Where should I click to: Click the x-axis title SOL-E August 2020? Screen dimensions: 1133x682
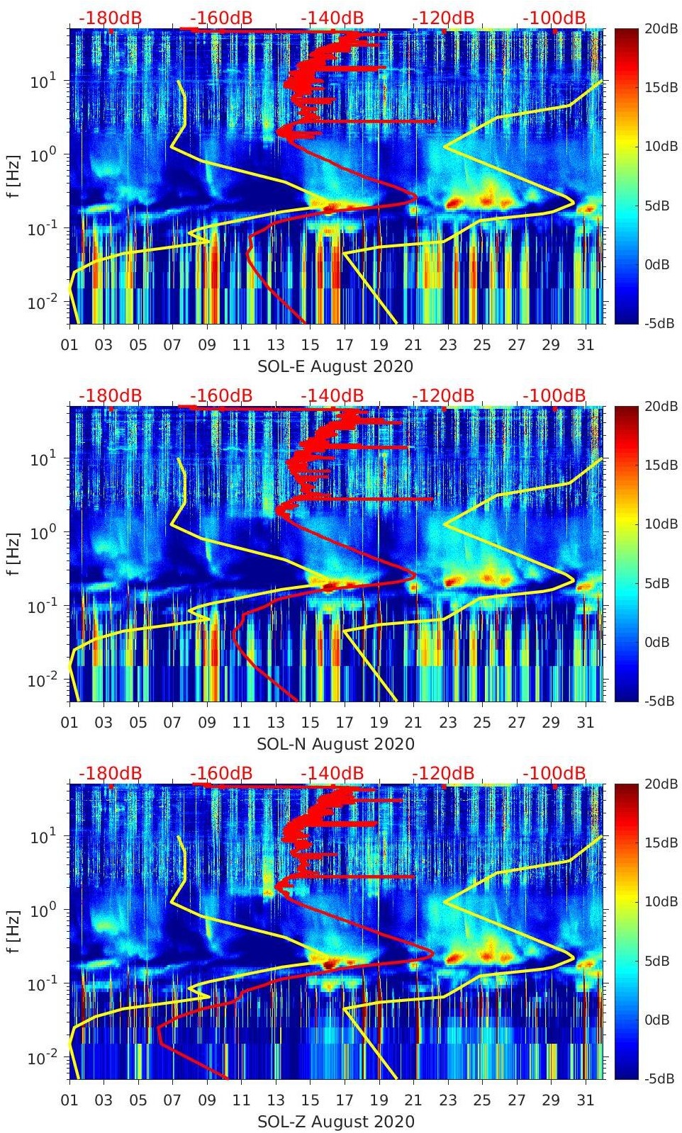point(335,366)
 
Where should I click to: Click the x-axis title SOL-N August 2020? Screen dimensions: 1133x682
point(335,744)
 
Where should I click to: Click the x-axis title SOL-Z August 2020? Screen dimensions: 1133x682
point(335,1122)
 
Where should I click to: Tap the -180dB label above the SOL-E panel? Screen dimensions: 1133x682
point(110,18)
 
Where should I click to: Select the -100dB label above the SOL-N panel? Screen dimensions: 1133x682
point(554,395)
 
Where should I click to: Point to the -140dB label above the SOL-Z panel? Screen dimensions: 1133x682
point(332,773)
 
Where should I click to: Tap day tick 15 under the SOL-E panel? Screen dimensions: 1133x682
point(310,345)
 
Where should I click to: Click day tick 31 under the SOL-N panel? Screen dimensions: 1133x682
point(585,723)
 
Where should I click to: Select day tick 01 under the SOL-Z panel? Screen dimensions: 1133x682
point(69,1100)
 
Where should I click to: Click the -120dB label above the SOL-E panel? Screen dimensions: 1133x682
point(443,18)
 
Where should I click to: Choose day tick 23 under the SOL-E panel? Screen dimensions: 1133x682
point(447,345)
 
